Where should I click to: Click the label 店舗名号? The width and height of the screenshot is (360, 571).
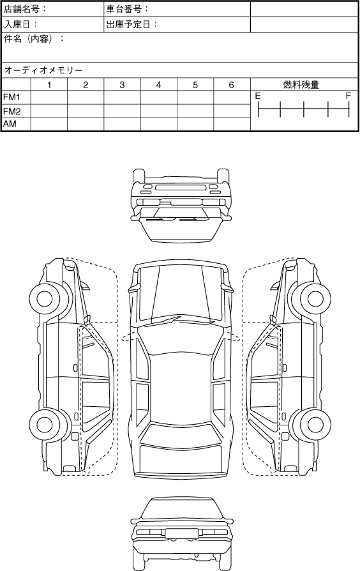[x=21, y=9]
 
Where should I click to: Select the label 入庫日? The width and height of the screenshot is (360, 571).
[x=17, y=24]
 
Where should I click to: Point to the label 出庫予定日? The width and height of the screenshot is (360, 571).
[x=128, y=24]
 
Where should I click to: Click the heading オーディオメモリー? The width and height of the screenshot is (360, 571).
[x=43, y=70]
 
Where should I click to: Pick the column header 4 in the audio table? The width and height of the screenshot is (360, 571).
[x=158, y=85]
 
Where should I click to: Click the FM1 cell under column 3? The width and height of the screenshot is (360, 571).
[x=123, y=98]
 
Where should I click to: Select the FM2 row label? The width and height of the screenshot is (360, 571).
[x=12, y=111]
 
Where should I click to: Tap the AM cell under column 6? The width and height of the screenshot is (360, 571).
[x=232, y=124]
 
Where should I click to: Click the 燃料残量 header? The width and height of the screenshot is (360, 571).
[x=301, y=85]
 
